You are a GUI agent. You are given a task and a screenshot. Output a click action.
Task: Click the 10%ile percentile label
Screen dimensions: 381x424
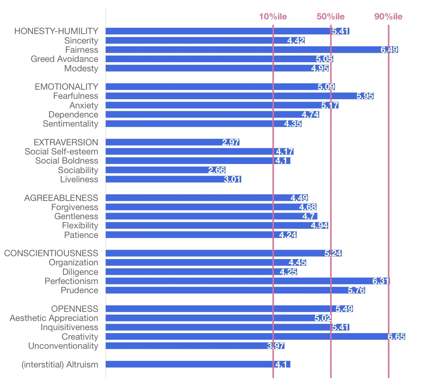coord(273,16)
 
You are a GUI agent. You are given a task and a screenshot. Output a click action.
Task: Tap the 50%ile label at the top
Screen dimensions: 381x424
coord(330,16)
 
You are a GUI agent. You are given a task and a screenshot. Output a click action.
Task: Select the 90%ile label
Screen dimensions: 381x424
coord(388,16)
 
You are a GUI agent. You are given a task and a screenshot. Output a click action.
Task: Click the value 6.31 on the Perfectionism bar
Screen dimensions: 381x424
coord(381,281)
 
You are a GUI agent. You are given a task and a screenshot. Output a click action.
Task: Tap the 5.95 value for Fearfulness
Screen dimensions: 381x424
coord(365,96)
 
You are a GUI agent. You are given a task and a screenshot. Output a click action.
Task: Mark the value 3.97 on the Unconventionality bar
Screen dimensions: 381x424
coord(276,346)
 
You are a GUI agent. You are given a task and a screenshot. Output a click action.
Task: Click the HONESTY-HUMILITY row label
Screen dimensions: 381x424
coord(56,31)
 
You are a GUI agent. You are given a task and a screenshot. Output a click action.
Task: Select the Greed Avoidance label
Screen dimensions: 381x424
coord(64,59)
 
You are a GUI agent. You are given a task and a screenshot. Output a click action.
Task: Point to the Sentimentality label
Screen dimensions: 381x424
coord(71,124)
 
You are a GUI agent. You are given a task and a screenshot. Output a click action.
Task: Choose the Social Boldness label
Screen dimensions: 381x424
coord(67,161)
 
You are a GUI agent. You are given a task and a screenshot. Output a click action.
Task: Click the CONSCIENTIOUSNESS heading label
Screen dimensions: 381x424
coord(51,253)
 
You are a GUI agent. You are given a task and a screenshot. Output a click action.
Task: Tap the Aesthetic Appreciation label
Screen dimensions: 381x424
coord(54,318)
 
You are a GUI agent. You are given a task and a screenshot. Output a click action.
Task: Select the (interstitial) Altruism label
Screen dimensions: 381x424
coord(60,365)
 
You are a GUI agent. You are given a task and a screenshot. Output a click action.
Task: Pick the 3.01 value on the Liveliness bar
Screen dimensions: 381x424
coord(232,179)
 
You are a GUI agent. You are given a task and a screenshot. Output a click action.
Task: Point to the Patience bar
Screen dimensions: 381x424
coord(200,235)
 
